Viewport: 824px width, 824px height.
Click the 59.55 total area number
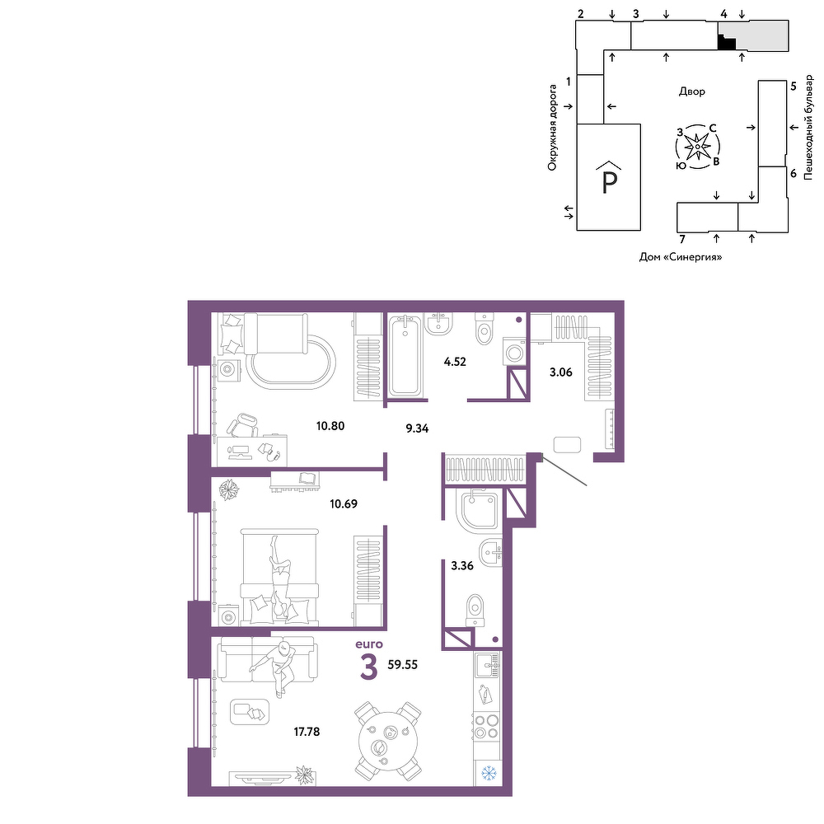(x=403, y=665)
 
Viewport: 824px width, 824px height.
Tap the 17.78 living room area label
(x=307, y=732)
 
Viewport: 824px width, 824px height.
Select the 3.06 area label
(x=560, y=372)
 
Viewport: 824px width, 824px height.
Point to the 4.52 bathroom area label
(x=455, y=362)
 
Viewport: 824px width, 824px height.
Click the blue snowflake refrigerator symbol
(x=489, y=773)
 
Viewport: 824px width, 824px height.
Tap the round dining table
(x=388, y=741)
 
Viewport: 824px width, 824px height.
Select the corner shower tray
(x=479, y=508)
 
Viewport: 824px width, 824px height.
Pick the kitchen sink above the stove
(x=487, y=665)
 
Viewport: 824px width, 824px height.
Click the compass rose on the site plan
(x=697, y=147)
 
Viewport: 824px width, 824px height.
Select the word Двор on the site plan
(x=692, y=91)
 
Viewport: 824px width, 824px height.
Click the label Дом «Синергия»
(x=681, y=257)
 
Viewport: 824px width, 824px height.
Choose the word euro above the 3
(x=369, y=644)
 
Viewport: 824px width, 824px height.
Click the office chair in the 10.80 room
(x=242, y=424)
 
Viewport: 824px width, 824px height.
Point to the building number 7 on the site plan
(x=682, y=239)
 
